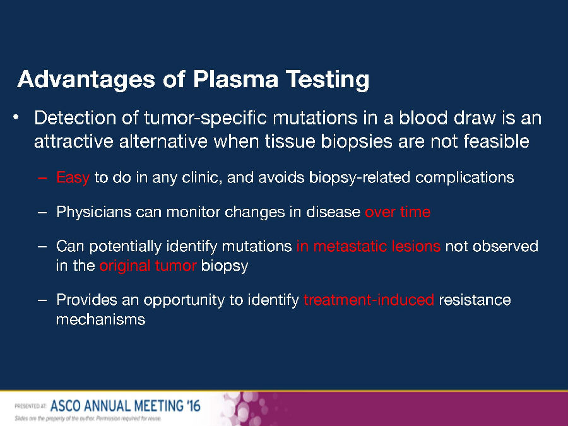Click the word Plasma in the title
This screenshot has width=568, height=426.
coord(235,79)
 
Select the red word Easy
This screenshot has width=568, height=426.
coord(73,178)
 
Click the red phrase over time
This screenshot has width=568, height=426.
coord(398,212)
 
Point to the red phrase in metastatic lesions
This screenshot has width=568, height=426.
coord(369,246)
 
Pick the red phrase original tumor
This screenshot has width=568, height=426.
coord(148,266)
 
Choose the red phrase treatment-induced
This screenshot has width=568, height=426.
coord(369,300)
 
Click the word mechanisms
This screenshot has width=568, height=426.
coord(101,319)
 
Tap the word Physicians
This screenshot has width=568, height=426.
coord(94,212)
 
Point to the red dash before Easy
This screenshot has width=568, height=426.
coord(42,178)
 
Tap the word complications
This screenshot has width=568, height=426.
coord(464,178)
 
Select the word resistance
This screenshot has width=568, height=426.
coord(475,300)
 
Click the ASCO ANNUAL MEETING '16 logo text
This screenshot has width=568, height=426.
coord(126,406)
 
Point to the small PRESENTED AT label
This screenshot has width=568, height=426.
coord(30,406)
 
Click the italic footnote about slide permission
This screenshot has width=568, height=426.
coord(88,419)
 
